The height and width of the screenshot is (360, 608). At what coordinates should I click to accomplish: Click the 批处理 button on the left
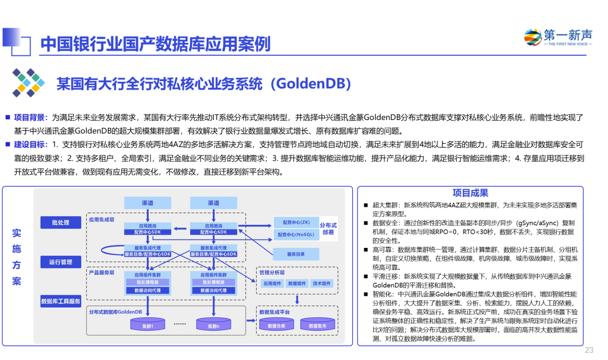tap(61, 223)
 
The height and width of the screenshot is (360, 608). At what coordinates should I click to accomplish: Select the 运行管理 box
tap(61, 262)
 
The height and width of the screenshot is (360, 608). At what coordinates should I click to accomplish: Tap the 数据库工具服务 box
tap(61, 301)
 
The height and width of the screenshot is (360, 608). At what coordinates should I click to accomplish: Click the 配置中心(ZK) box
tap(296, 223)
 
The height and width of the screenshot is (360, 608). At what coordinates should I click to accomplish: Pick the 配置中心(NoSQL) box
tap(296, 234)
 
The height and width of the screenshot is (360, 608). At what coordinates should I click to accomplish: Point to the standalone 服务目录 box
tap(296, 254)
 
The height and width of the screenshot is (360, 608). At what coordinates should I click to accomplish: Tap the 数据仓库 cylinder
tap(276, 324)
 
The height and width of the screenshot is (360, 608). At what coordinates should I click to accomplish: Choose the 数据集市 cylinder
tap(318, 324)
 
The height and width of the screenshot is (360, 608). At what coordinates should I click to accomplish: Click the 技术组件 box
tap(322, 283)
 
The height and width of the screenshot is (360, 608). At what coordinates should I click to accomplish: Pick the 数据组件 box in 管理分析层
tap(297, 283)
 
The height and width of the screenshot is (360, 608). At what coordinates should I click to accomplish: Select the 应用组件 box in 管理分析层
tap(272, 283)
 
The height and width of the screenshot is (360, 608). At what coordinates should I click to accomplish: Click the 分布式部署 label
tap(328, 229)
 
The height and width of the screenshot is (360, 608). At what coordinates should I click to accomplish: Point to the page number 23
tap(589, 350)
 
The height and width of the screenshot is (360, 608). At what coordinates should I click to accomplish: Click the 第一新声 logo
tap(558, 37)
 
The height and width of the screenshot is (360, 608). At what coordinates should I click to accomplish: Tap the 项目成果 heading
tap(470, 193)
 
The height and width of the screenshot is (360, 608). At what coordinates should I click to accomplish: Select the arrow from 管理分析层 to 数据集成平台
tap(297, 299)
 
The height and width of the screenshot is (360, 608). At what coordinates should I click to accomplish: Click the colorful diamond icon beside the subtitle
tap(28, 83)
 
